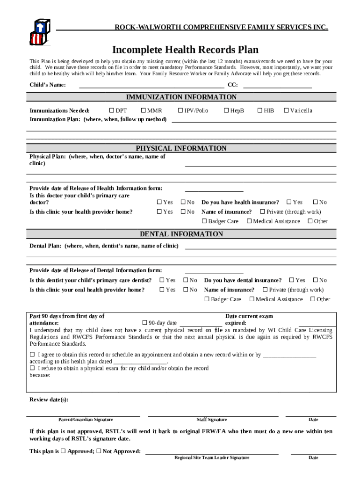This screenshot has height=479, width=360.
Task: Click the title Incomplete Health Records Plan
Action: click(185, 50)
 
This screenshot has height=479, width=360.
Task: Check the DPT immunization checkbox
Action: click(112, 110)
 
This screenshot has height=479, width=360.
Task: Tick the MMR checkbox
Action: click(144, 110)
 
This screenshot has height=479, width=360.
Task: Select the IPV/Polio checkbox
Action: click(180, 110)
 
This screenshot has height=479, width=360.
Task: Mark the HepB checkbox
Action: click(226, 110)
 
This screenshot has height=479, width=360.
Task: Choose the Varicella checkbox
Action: click(286, 110)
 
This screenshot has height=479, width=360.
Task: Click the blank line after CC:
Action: click(277, 86)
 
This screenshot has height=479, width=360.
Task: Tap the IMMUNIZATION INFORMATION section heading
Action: click(181, 97)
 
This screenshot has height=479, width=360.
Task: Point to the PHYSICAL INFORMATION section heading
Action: click(181, 148)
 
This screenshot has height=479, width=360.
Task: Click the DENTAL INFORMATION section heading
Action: click(181, 234)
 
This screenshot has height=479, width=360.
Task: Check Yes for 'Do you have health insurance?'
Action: click(289, 202)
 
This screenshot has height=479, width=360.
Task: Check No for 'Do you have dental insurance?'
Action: click(316, 280)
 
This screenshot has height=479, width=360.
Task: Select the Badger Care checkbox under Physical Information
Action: click(204, 221)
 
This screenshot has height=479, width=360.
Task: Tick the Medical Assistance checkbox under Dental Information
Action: click(252, 299)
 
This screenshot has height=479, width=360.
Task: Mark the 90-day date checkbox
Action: click(145, 323)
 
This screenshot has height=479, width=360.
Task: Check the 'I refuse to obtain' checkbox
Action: click(32, 368)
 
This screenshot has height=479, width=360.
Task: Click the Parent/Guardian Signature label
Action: click(86, 420)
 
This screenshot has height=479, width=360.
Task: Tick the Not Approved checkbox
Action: click(99, 451)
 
